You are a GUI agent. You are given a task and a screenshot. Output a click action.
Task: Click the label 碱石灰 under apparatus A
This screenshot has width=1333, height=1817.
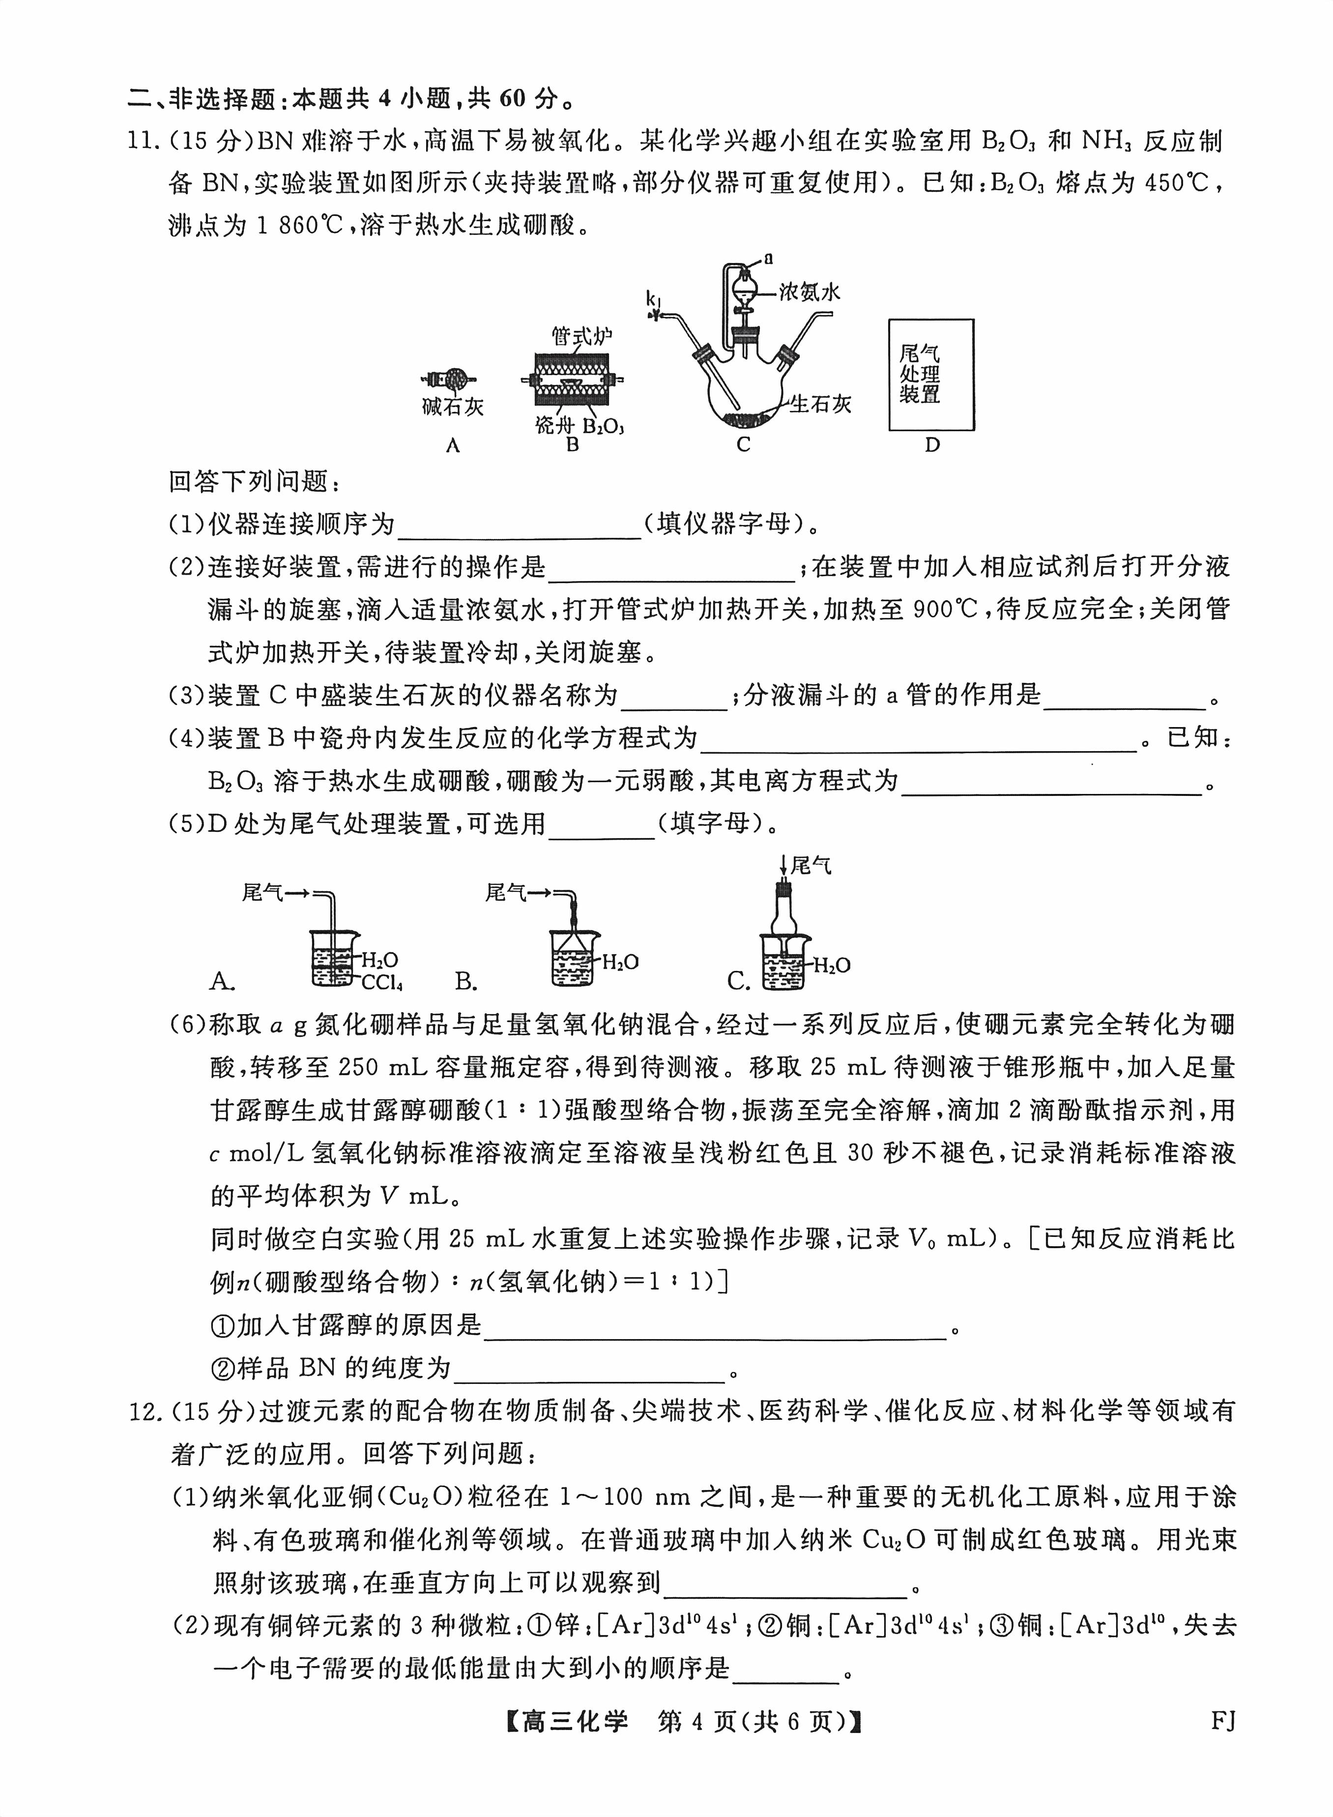point(453,407)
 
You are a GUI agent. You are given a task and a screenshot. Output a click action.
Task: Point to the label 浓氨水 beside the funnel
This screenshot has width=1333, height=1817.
point(810,292)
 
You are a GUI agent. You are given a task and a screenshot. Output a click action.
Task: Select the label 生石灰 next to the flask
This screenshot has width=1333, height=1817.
point(821,404)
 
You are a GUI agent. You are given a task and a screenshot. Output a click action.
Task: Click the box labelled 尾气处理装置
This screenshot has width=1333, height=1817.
point(931,375)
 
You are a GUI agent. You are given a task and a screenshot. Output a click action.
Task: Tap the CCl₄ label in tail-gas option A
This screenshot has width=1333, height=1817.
point(381,982)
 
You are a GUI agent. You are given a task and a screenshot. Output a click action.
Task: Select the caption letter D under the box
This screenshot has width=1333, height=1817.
point(932,444)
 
